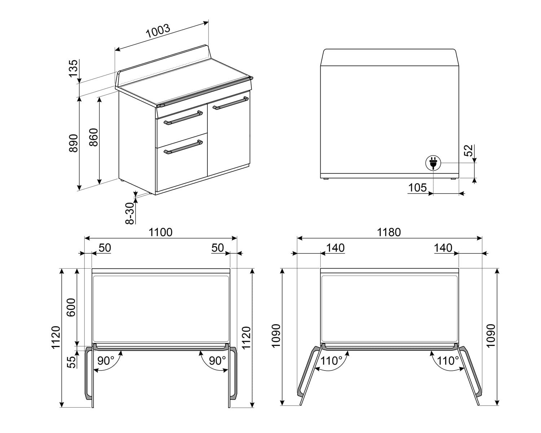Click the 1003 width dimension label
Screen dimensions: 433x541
point(158,32)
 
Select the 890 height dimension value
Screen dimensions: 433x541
point(73,143)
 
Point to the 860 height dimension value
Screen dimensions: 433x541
point(93,137)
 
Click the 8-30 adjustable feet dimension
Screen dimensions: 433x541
point(130,213)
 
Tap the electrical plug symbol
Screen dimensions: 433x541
point(433,163)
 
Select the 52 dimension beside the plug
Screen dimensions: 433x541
point(468,151)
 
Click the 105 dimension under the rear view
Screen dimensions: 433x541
point(417,188)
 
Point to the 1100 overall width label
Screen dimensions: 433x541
point(160,232)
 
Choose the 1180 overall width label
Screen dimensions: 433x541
point(389,232)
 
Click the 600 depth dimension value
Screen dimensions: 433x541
point(71,307)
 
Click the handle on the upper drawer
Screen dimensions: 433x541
point(183,118)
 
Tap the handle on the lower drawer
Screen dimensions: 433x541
point(183,147)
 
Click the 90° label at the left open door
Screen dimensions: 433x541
point(106,360)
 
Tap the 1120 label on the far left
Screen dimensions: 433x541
point(56,337)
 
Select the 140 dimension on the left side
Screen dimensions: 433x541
point(335,248)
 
